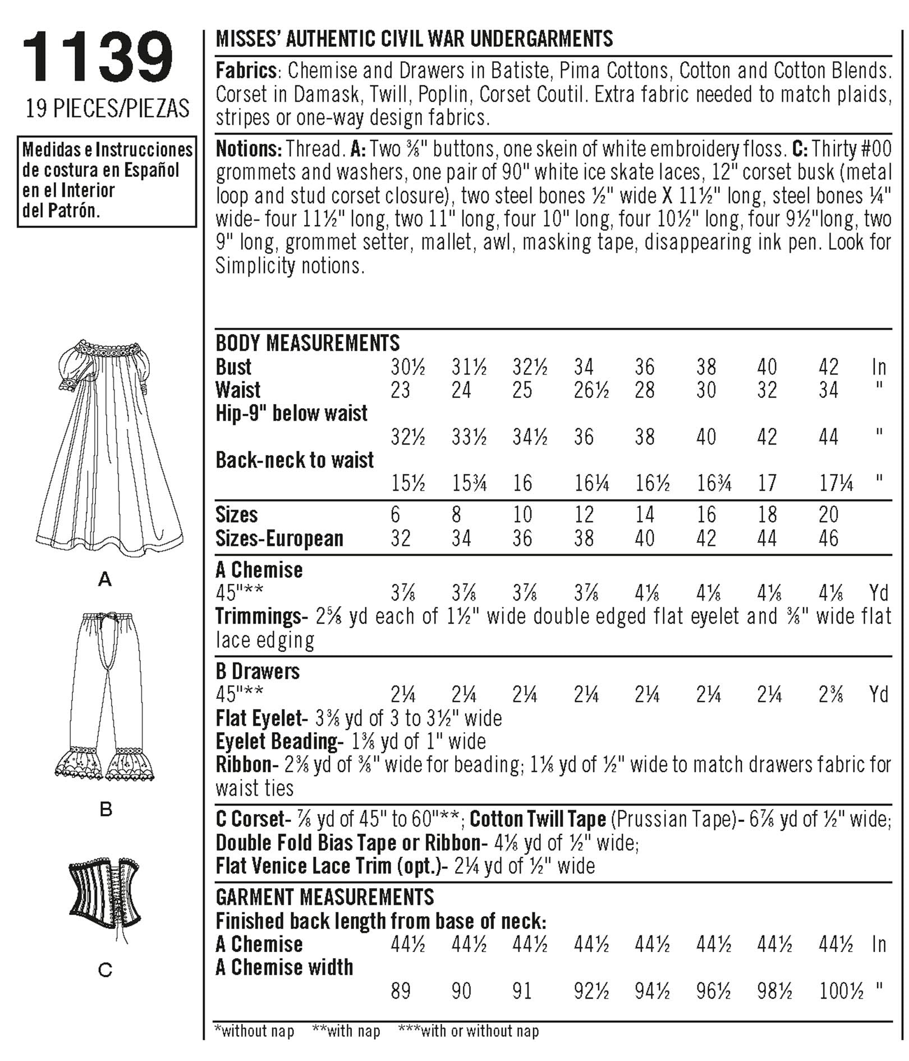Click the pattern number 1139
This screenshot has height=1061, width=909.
click(x=98, y=57)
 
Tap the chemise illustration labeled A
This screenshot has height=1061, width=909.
click(x=110, y=443)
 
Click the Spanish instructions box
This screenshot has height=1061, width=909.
click(x=107, y=181)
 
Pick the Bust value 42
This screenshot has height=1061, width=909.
click(x=828, y=367)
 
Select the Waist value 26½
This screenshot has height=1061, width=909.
click(x=591, y=390)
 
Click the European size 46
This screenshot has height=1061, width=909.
click(x=828, y=538)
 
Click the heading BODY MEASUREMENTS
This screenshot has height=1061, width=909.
click(x=307, y=343)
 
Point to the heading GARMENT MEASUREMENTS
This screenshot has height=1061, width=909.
click(x=324, y=897)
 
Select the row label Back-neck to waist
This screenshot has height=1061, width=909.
click(x=295, y=460)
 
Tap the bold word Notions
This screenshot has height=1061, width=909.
click(x=248, y=149)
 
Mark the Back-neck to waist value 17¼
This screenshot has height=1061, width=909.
click(x=835, y=483)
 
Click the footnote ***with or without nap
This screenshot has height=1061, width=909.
click(x=469, y=1031)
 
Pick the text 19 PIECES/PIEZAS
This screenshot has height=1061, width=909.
click(x=107, y=108)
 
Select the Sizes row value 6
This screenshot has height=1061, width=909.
click(x=396, y=514)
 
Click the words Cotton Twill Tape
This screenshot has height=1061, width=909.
click(x=538, y=820)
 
